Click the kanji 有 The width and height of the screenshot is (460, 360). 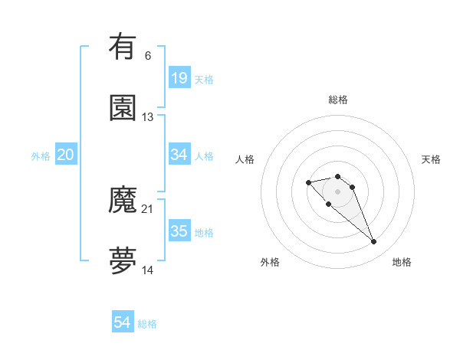[x=123, y=47]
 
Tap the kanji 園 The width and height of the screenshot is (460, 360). [x=123, y=108]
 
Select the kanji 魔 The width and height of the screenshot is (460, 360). [x=123, y=201]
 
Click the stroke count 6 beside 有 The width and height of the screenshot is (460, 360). [x=148, y=55]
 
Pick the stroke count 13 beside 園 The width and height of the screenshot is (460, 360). [x=148, y=116]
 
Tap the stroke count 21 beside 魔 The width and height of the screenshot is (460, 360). [x=148, y=209]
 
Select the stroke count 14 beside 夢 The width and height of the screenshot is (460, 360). [x=148, y=270]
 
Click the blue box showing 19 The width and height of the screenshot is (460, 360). [x=179, y=78]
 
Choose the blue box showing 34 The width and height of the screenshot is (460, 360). [x=179, y=155]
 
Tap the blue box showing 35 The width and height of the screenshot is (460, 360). [x=179, y=231]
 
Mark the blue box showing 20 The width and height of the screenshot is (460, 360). [x=66, y=155]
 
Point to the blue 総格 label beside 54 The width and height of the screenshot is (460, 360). [x=147, y=324]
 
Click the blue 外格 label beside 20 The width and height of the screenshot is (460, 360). [x=41, y=156]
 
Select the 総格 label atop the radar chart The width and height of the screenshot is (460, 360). [x=338, y=100]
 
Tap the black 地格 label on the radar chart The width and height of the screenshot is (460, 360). [x=402, y=262]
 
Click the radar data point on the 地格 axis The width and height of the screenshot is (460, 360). [x=374, y=242]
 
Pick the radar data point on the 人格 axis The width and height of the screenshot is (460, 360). [x=308, y=182]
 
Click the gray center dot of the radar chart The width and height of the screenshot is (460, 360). [x=338, y=191]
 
